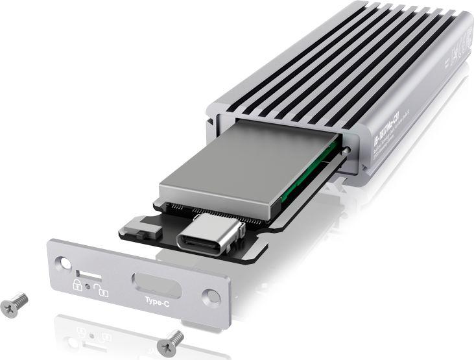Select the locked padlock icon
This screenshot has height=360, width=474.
[77, 285]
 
